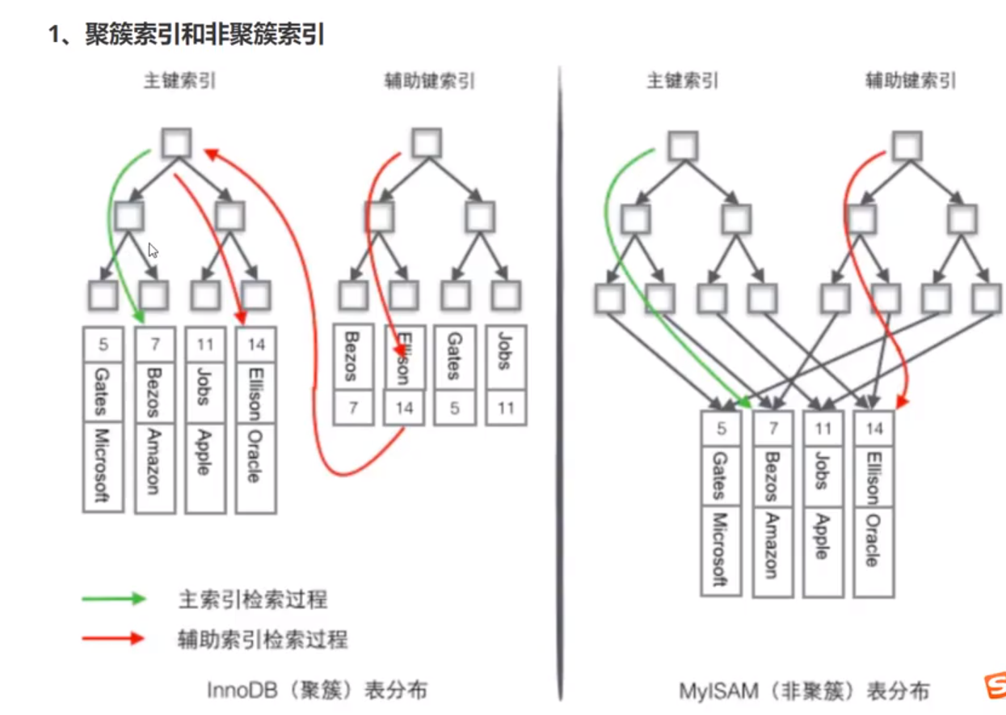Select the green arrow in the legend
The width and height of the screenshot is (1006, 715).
(x=113, y=599)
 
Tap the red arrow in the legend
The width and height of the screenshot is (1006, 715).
(x=113, y=639)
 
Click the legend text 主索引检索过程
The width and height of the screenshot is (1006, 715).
(x=252, y=599)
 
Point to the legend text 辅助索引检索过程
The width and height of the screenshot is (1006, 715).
(x=263, y=640)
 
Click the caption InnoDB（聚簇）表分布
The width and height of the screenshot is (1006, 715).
(x=317, y=690)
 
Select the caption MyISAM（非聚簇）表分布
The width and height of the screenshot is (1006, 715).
(x=803, y=692)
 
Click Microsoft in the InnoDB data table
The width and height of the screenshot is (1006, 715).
(x=103, y=466)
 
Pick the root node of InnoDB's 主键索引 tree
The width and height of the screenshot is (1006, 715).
(x=176, y=143)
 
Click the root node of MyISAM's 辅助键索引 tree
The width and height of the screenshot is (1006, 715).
(x=907, y=146)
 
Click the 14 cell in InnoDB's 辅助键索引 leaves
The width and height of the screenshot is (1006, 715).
(x=404, y=408)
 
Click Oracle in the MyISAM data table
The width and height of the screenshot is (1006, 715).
(x=874, y=542)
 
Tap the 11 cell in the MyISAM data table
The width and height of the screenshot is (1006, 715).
(x=823, y=428)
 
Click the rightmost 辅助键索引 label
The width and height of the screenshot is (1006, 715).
(x=910, y=81)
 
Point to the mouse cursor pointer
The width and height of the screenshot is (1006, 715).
(x=152, y=250)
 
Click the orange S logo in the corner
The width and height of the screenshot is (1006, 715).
(x=995, y=685)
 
